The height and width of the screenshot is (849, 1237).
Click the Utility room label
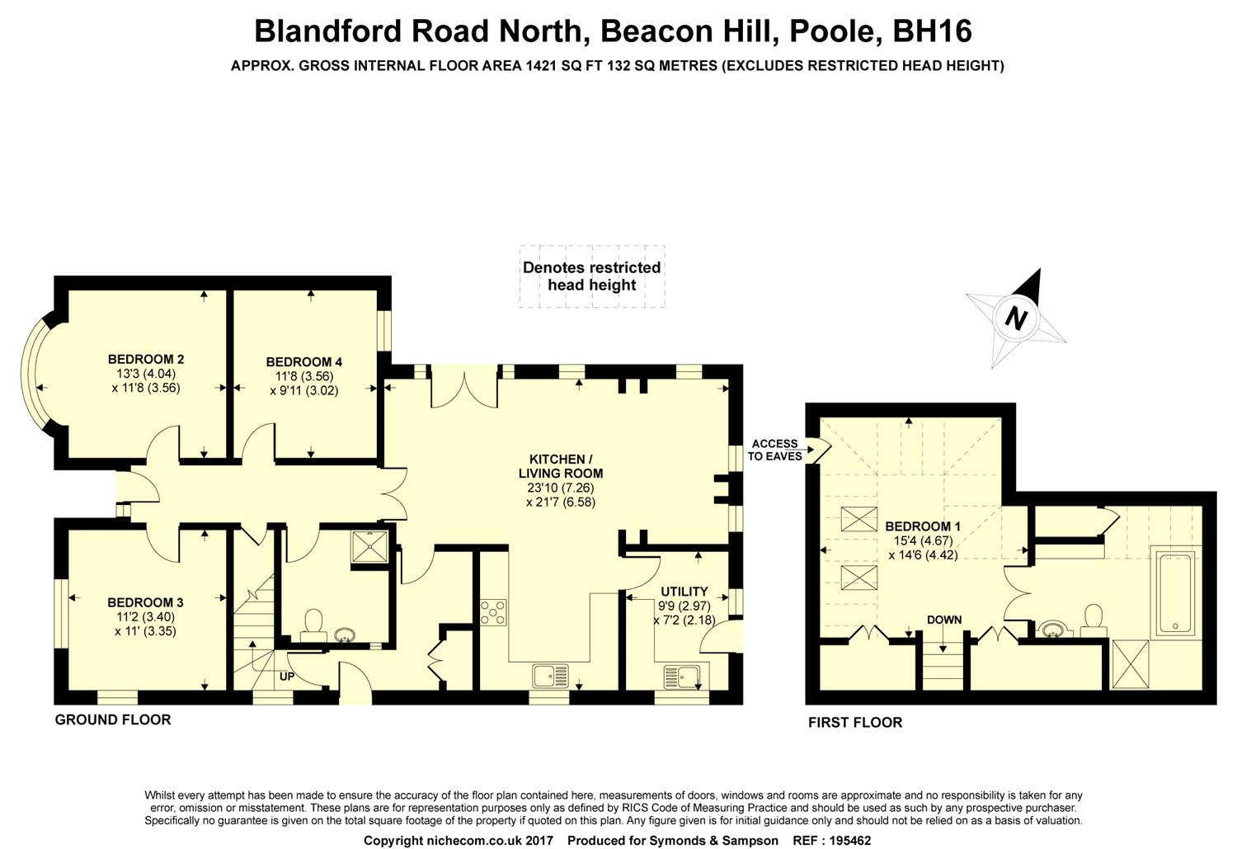[684, 592]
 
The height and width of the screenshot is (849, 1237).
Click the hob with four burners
[493, 611]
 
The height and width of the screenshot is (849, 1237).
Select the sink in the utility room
[681, 676]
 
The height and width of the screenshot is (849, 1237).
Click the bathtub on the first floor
[1175, 593]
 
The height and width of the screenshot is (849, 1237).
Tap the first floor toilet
[1094, 620]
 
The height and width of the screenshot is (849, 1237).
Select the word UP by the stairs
[287, 677]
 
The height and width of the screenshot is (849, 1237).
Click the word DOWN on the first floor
[944, 620]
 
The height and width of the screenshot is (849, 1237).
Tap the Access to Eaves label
[774, 450]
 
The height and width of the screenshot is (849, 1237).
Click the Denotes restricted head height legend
[591, 276]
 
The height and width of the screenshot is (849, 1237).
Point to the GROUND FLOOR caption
[113, 719]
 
